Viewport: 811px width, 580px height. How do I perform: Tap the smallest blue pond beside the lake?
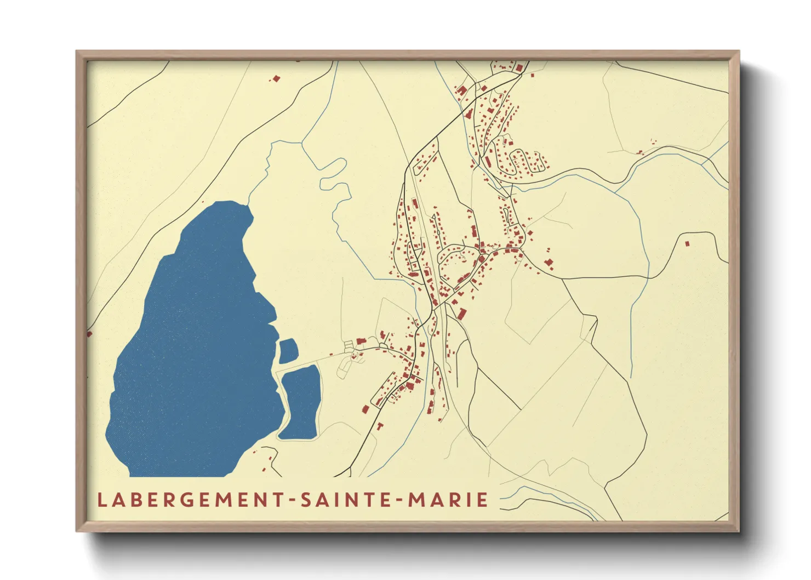pyautogui.click(x=288, y=350)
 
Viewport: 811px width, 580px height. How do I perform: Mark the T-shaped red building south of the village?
pyautogui.click(x=379, y=426)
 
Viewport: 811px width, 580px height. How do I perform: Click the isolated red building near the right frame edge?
pyautogui.click(x=687, y=243)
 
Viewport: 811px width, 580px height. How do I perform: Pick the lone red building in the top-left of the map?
pyautogui.click(x=276, y=79)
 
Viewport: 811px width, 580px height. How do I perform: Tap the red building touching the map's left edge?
pyautogui.click(x=89, y=333)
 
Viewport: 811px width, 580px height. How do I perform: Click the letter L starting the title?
pyautogui.click(x=101, y=500)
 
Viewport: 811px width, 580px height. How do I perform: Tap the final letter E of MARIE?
pyautogui.click(x=482, y=500)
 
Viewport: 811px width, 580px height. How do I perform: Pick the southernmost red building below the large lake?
pyautogui.click(x=264, y=469)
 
